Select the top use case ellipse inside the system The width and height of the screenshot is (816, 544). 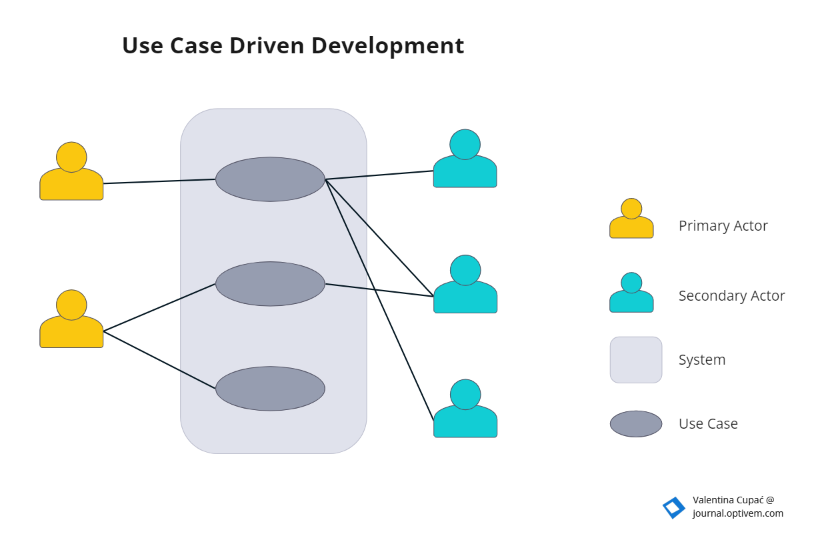point(270,179)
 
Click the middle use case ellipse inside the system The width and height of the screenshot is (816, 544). point(270,284)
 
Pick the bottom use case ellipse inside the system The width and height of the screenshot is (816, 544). point(270,389)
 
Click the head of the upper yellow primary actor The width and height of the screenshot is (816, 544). point(71,157)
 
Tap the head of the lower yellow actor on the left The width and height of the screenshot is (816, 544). point(71,305)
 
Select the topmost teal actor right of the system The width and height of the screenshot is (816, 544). point(465,160)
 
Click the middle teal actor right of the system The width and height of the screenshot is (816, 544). point(465,285)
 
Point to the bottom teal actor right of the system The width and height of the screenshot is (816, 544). point(465,410)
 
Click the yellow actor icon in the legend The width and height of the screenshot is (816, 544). point(631,219)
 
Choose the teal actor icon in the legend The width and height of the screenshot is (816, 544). point(631,293)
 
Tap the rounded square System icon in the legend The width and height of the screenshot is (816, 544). point(636,360)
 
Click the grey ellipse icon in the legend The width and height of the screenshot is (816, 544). point(636,424)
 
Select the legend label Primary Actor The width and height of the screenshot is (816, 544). point(723,226)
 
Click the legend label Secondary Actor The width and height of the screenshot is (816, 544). point(731,295)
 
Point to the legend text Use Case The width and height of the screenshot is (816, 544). point(708,424)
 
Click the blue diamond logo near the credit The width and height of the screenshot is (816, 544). point(673,508)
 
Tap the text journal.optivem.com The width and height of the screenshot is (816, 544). point(737,513)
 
